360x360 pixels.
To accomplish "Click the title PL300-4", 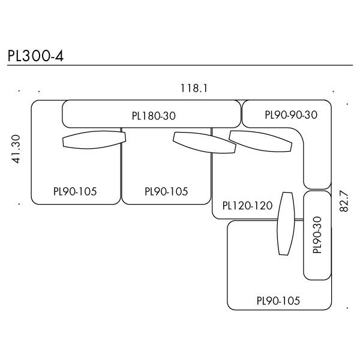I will pyautogui.click(x=35, y=55).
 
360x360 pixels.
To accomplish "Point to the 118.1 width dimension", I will pyautogui.click(x=194, y=88).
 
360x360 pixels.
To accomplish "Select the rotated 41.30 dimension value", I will pyautogui.click(x=17, y=149).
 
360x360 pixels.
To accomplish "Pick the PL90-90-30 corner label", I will pyautogui.click(x=290, y=115).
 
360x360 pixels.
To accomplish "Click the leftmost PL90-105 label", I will pyautogui.click(x=75, y=191).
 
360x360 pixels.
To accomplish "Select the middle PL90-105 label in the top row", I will pyautogui.click(x=166, y=191).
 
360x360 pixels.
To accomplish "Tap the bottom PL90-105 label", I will pyautogui.click(x=278, y=301).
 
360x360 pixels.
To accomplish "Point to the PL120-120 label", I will pyautogui.click(x=247, y=206).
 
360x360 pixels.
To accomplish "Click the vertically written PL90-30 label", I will pyautogui.click(x=317, y=235).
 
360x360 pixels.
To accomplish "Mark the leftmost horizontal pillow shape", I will pyautogui.click(x=94, y=140).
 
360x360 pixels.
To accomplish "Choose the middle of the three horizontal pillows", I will pyautogui.click(x=204, y=142).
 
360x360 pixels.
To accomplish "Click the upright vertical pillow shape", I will pyautogui.click(x=286, y=223).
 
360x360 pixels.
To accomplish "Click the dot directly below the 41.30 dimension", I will pyautogui.click(x=20, y=204).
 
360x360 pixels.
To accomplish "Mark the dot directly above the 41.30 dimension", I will pyautogui.click(x=20, y=92).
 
